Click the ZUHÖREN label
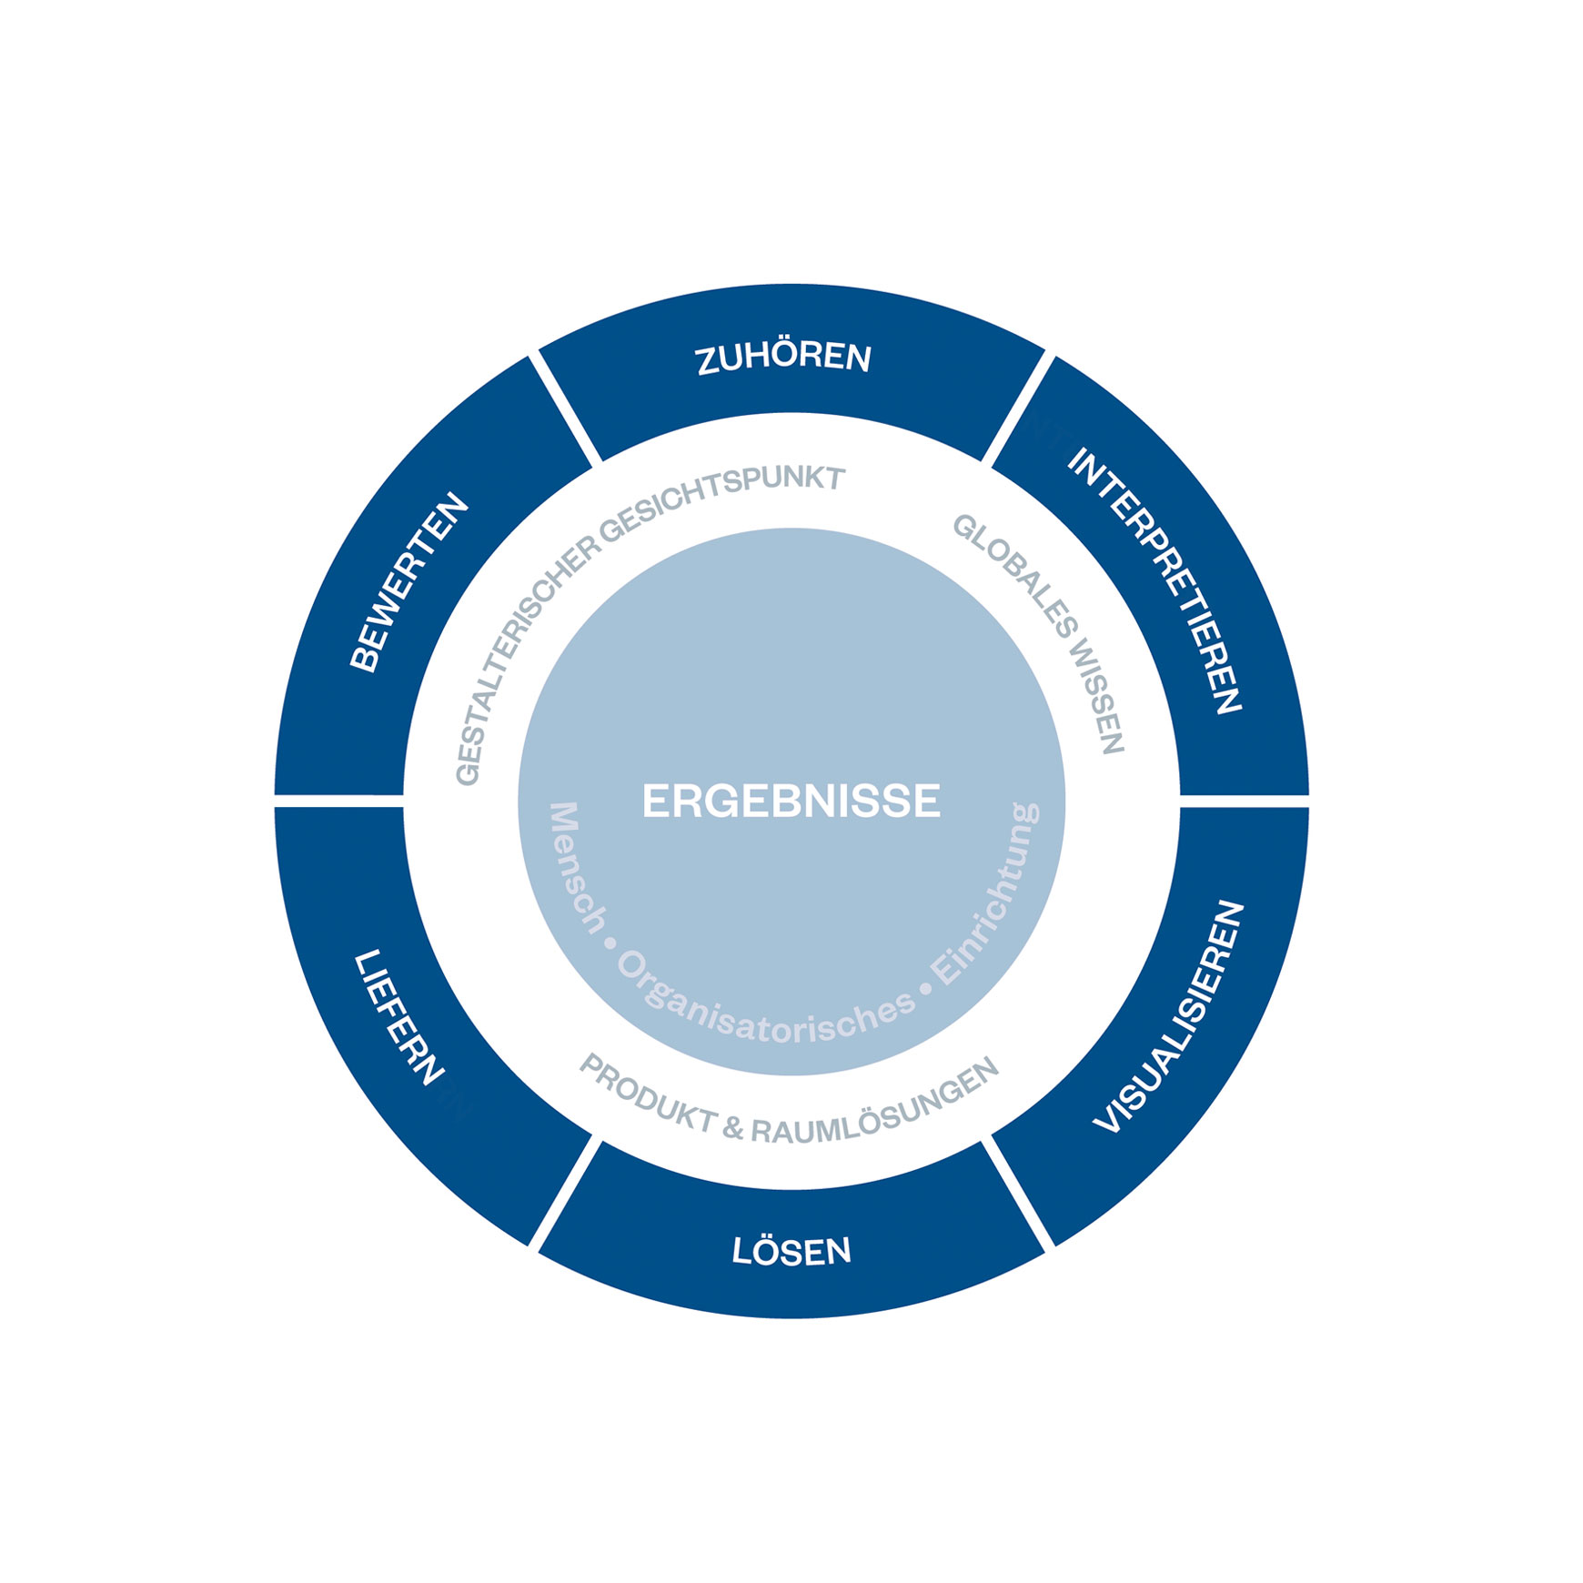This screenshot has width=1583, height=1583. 783,358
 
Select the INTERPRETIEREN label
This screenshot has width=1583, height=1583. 1154,580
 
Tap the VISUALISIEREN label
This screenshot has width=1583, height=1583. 1168,1016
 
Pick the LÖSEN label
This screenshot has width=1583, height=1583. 791,1251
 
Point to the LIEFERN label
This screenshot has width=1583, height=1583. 398,1017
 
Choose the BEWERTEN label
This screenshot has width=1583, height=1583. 408,582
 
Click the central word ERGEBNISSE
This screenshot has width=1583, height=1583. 791,802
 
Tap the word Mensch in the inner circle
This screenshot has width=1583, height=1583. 577,868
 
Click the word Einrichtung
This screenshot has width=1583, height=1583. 986,893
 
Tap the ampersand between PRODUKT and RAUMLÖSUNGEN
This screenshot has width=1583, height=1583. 733,1129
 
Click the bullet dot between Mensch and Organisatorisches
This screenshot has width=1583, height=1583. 610,943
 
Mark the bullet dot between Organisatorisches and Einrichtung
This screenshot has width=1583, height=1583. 926,988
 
